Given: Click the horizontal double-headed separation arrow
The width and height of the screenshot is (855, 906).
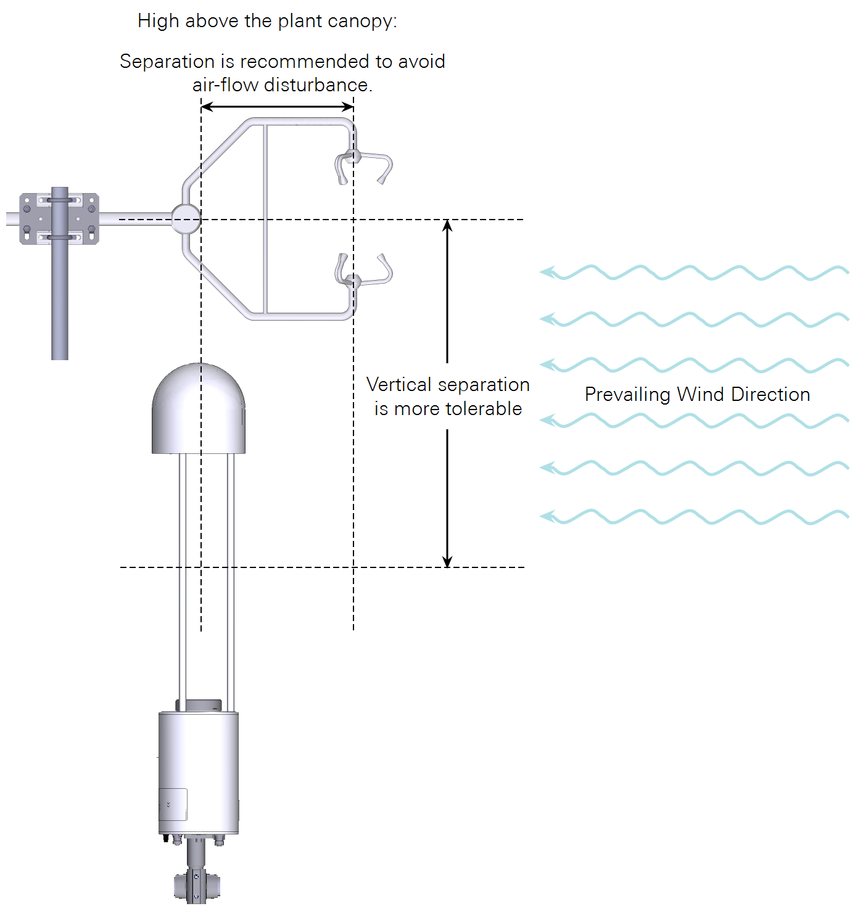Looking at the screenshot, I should point(278,107).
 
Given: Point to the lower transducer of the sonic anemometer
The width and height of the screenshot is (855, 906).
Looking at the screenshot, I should point(363,273).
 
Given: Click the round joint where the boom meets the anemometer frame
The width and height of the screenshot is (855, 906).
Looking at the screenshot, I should point(185,219).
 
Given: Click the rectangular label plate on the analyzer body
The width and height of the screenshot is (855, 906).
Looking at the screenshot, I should point(173,804).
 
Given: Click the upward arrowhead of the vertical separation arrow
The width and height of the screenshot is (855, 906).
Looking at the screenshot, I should point(448,226).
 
